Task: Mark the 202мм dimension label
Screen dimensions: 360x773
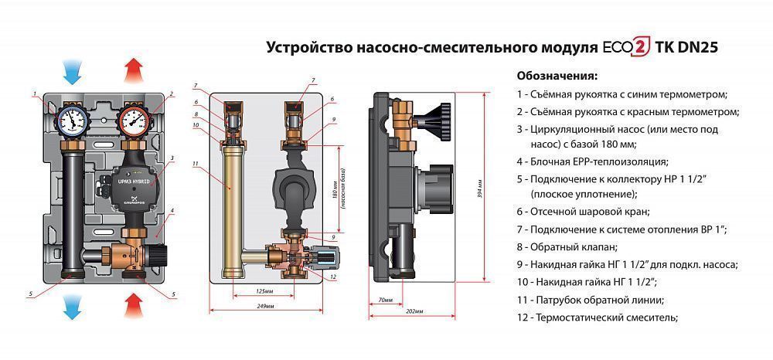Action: (414, 312)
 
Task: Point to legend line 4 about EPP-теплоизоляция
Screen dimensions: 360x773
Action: (591, 161)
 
